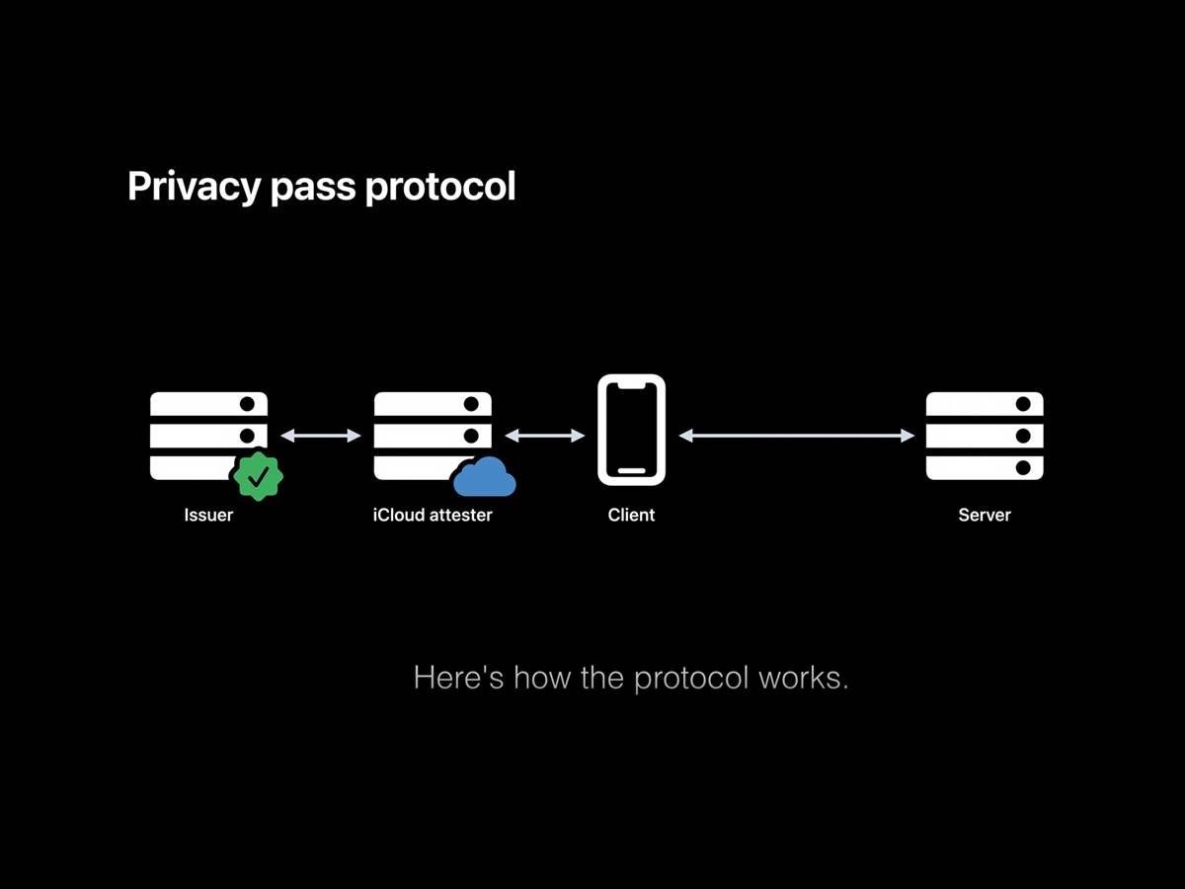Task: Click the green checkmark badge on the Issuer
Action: [258, 477]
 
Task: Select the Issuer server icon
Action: [202, 430]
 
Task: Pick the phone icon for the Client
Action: [631, 430]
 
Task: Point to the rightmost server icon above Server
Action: [985, 436]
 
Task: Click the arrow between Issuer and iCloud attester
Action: [321, 436]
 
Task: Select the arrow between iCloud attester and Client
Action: [545, 436]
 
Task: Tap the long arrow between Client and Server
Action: [797, 436]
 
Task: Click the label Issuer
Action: [208, 515]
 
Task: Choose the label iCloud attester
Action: [433, 515]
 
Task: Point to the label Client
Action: [631, 515]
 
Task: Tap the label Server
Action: [985, 515]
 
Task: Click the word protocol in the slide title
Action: [440, 187]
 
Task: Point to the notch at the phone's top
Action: [631, 385]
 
